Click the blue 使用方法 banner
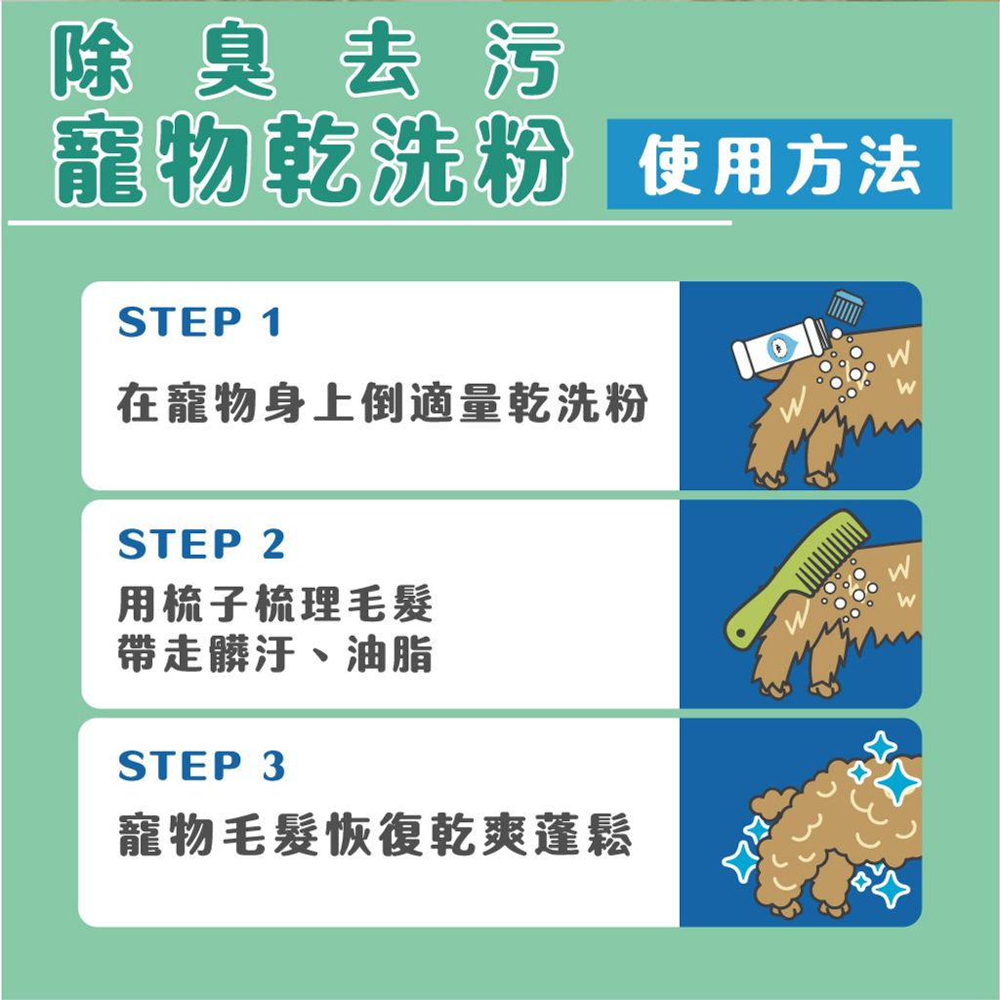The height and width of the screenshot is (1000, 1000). [x=778, y=164]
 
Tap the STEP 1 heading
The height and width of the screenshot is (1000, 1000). [x=199, y=322]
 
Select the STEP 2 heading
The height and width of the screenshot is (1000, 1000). [x=200, y=545]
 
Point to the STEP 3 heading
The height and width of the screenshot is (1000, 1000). [x=200, y=767]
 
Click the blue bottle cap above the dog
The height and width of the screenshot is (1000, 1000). [x=845, y=306]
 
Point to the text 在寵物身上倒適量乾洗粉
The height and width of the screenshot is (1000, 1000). [x=382, y=403]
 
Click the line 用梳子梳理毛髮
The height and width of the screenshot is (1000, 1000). [x=274, y=606]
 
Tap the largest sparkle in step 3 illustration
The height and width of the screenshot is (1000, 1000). [x=895, y=781]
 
